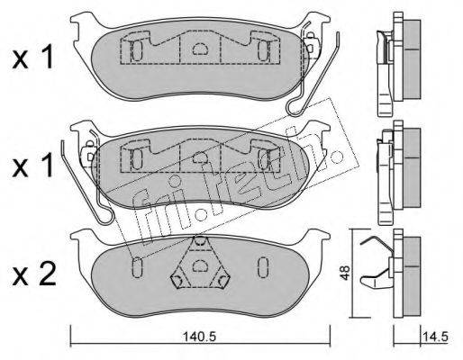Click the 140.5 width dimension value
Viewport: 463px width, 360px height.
point(200,337)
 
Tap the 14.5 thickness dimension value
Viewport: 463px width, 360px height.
point(435,337)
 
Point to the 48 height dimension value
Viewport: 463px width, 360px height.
point(346,273)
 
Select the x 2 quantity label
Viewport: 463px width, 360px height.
point(34,274)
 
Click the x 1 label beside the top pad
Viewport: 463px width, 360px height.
point(33,57)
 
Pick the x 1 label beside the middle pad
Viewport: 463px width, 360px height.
point(33,166)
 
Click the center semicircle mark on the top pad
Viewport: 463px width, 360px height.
point(200,49)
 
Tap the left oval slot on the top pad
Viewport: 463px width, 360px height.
point(137,50)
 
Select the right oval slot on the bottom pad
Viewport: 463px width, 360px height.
point(263,266)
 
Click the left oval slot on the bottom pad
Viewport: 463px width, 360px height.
point(137,266)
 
